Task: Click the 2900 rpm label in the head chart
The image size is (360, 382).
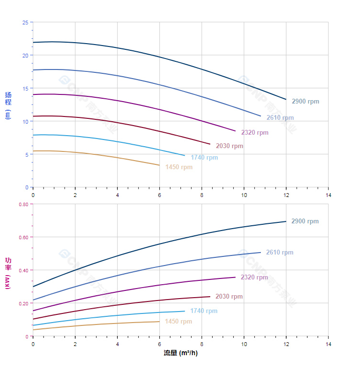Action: (x=305, y=102)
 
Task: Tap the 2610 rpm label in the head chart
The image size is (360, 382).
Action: (x=280, y=118)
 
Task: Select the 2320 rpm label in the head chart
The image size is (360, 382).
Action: (x=255, y=133)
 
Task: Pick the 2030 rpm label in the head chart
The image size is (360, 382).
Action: (x=229, y=146)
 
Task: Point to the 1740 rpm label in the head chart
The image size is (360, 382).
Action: (x=204, y=158)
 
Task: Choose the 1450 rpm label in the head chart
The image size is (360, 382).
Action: (x=179, y=167)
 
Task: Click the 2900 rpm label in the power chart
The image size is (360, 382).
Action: (x=305, y=221)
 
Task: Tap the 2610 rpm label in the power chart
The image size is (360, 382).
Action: (x=280, y=253)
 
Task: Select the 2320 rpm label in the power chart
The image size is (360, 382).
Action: (x=254, y=278)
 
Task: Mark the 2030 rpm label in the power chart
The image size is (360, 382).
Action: (x=229, y=297)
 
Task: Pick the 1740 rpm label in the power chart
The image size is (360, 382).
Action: (x=203, y=311)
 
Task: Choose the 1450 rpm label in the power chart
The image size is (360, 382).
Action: (x=178, y=322)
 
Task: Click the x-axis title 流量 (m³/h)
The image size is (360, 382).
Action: (x=180, y=353)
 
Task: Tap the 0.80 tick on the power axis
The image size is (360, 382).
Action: (x=23, y=204)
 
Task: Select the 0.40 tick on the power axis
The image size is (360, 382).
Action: (x=23, y=270)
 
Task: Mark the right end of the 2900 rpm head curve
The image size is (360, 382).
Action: (x=286, y=99)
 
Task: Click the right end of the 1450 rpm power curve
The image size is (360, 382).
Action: (x=159, y=322)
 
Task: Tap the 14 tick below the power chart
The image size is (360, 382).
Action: (x=328, y=344)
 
